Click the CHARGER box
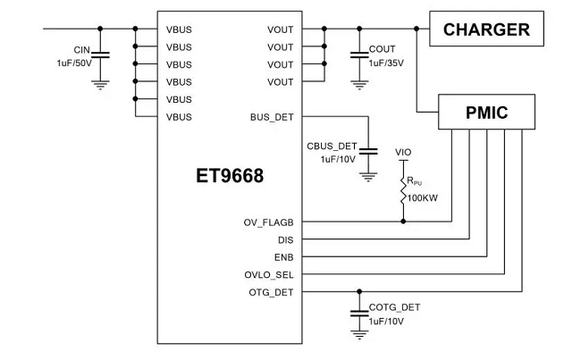tap(486, 29)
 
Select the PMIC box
tap(486, 113)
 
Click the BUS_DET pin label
tap(274, 117)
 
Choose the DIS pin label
tap(285, 239)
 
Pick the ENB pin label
tap(283, 256)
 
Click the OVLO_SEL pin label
tap(269, 274)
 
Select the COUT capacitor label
tap(383, 49)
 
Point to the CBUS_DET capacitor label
tap(332, 146)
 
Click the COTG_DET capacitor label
tap(394, 306)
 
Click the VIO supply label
tap(403, 153)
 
